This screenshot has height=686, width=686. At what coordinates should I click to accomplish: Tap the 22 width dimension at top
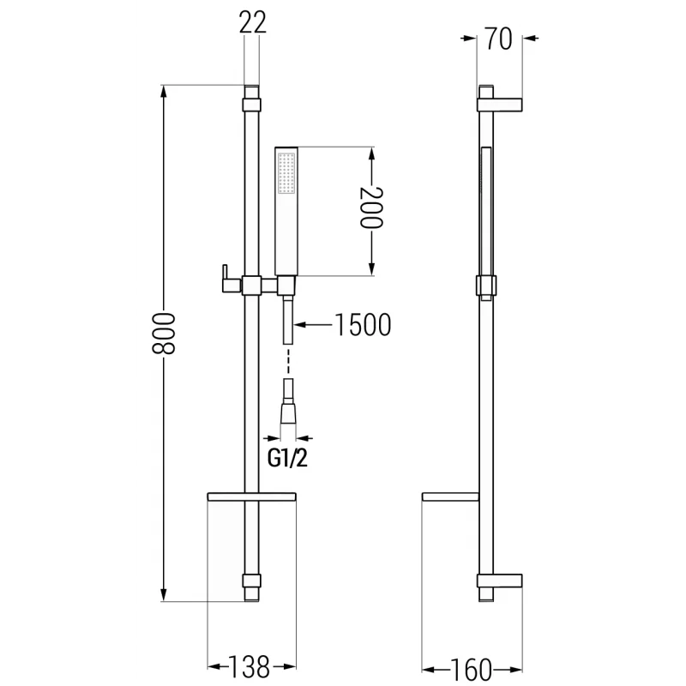(x=252, y=23)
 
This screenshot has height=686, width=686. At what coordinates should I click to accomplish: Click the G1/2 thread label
(x=288, y=458)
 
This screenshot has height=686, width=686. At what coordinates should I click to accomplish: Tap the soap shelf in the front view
(x=251, y=496)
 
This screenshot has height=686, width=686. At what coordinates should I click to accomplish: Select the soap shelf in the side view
(x=451, y=496)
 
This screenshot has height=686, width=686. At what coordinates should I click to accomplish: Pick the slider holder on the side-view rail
(x=485, y=286)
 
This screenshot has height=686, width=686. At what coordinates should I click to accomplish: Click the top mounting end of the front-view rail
(x=251, y=95)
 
